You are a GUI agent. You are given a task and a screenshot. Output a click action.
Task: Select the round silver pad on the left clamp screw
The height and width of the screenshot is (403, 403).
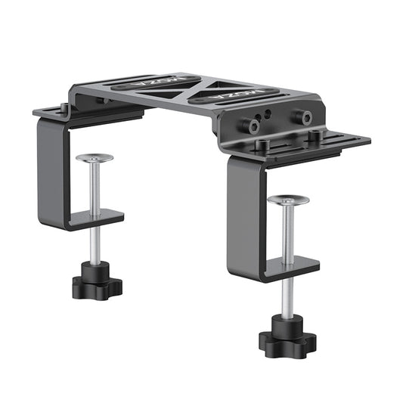(95, 159)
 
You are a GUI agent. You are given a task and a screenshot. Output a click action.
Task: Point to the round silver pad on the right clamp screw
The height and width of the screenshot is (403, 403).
(288, 200)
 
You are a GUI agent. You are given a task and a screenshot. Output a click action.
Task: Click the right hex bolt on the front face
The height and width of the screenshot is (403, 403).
(304, 116)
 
